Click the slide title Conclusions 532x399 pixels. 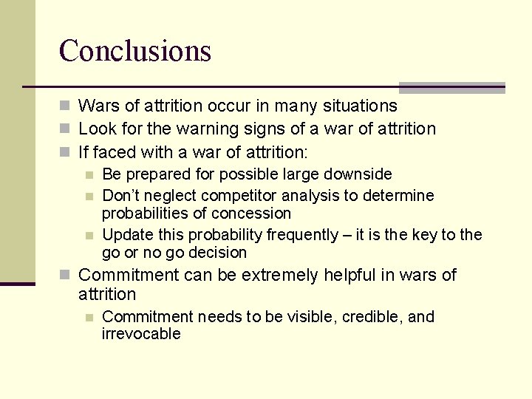coord(135,51)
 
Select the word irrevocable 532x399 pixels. coord(141,334)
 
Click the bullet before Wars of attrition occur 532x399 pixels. coord(66,106)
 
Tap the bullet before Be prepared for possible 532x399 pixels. coord(89,175)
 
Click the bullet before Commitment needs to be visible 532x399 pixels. coord(89,318)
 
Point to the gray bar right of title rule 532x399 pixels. coord(451,87)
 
